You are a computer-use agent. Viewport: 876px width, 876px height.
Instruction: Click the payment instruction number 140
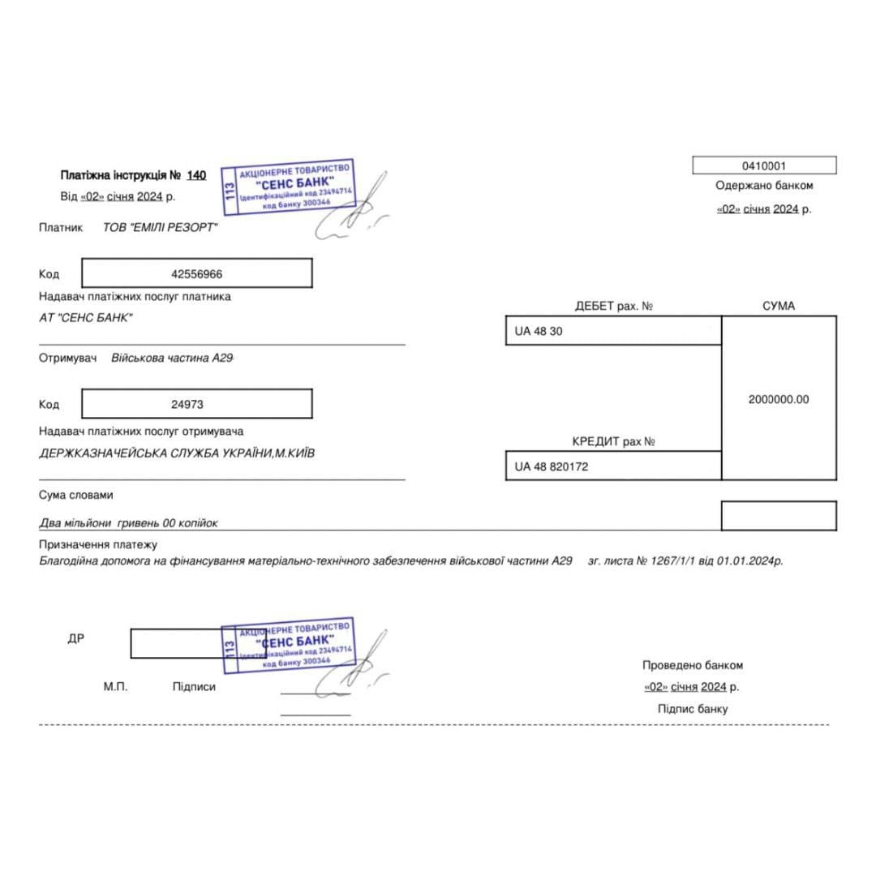pyautogui.click(x=197, y=175)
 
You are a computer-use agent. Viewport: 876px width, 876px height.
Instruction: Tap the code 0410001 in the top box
pyautogui.click(x=764, y=166)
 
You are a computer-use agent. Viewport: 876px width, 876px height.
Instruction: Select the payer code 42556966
pyautogui.click(x=197, y=274)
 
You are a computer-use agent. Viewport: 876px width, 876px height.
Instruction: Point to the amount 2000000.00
pyautogui.click(x=779, y=399)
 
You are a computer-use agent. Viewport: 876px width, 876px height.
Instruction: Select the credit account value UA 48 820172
pyautogui.click(x=552, y=467)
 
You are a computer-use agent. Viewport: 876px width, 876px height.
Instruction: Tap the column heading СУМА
pyautogui.click(x=779, y=307)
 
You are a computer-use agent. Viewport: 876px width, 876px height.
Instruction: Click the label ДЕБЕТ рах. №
pyautogui.click(x=614, y=307)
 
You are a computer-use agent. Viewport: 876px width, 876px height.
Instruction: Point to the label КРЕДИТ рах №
pyautogui.click(x=614, y=442)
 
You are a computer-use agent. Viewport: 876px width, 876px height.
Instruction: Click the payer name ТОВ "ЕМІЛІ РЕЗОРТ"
pyautogui.click(x=161, y=228)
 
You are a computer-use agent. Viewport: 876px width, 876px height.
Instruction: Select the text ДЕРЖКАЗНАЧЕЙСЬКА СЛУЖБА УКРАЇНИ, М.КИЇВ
pyautogui.click(x=177, y=453)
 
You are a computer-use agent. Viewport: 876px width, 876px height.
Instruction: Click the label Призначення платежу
pyautogui.click(x=98, y=545)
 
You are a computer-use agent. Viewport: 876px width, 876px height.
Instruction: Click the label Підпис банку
pyautogui.click(x=693, y=709)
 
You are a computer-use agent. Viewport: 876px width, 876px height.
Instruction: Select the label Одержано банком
pyautogui.click(x=764, y=186)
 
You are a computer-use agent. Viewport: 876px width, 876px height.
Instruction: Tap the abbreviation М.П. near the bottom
pyautogui.click(x=116, y=687)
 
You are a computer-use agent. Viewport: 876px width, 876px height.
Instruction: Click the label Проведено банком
pyautogui.click(x=693, y=665)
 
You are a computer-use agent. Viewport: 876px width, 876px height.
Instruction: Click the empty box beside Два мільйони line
pyautogui.click(x=779, y=516)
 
